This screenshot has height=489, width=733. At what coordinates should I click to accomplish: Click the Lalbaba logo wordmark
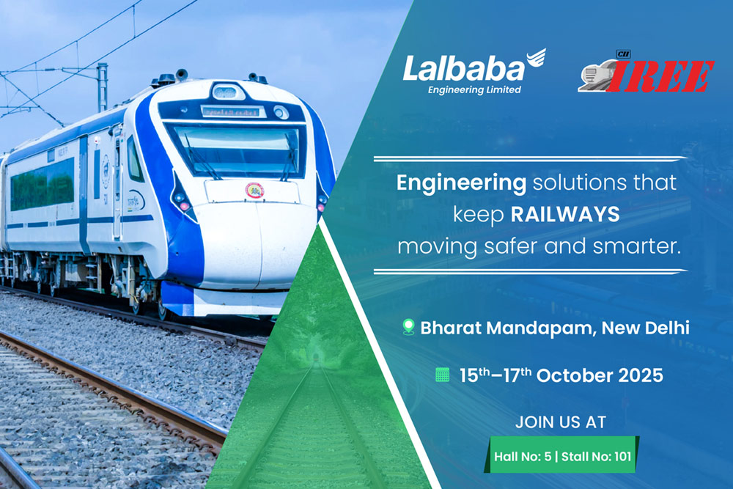click(x=464, y=69)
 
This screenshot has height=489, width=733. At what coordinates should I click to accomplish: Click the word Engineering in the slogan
click(x=461, y=183)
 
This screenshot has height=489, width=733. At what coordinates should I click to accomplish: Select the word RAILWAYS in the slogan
click(x=564, y=215)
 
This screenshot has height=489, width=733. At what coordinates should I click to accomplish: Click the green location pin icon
click(x=408, y=327)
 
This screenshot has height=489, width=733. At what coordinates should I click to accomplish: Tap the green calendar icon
click(x=442, y=375)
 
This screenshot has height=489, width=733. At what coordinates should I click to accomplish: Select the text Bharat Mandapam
click(x=508, y=328)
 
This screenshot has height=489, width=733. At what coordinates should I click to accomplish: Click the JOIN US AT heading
click(x=561, y=422)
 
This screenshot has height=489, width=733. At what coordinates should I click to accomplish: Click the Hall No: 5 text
click(x=523, y=456)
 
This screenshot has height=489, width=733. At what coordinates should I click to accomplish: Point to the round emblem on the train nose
click(x=255, y=191)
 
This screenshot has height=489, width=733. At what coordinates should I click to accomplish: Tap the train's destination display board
click(x=231, y=112)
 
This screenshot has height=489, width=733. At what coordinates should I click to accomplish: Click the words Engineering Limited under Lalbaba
click(x=474, y=89)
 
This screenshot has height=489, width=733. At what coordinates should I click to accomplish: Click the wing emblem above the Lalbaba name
click(x=536, y=59)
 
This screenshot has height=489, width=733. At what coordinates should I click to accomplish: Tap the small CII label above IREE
click(x=623, y=55)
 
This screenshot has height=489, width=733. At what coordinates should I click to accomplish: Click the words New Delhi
click(x=646, y=328)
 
